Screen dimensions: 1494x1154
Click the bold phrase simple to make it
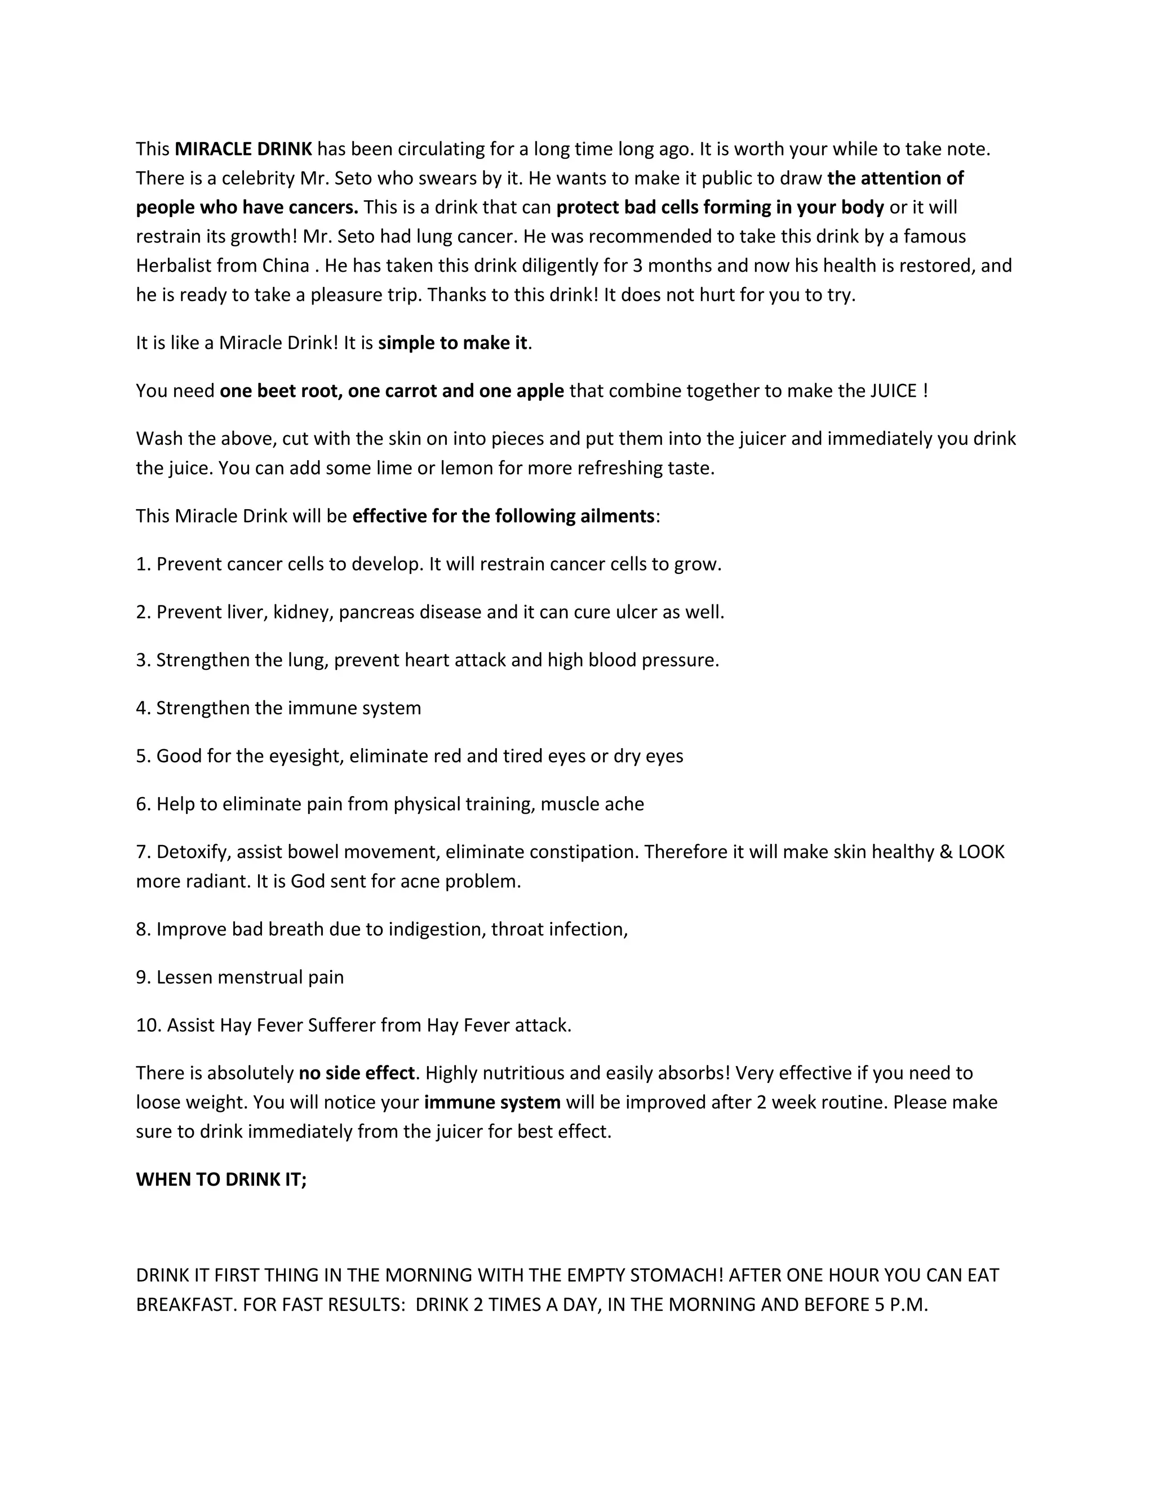[452, 343]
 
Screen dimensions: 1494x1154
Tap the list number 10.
[148, 1025]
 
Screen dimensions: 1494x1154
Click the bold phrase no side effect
[357, 1073]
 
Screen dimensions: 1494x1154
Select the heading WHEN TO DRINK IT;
[221, 1179]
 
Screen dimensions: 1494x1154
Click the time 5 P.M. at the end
[900, 1305]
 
